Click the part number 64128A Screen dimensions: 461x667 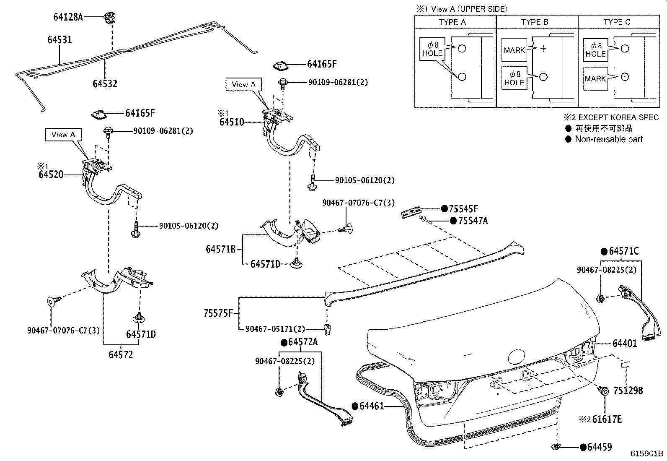coord(68,17)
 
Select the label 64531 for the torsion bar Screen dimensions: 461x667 coord(59,40)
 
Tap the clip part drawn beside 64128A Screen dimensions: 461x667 coord(109,18)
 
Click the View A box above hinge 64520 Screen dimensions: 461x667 coord(63,135)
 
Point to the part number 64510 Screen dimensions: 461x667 coord(231,122)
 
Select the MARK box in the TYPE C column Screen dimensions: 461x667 coord(595,79)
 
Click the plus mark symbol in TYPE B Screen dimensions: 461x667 coord(543,48)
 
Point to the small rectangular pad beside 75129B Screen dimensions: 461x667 coord(626,364)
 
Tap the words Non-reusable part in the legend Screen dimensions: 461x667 coord(608,139)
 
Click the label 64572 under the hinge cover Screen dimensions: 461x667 coord(121,355)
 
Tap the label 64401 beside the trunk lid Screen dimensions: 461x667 coord(624,344)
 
